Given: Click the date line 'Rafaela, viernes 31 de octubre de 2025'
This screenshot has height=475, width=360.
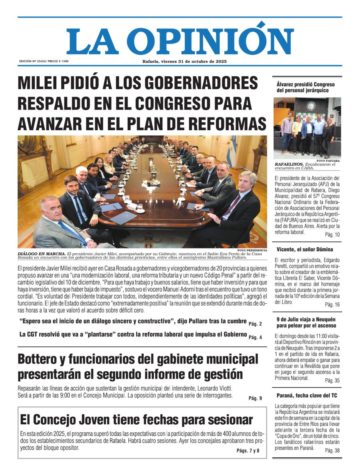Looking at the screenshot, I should [185, 62].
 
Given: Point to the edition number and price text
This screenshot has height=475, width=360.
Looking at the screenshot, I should [44, 62].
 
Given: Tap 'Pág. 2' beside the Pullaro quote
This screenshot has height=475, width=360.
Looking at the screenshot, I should [255, 324].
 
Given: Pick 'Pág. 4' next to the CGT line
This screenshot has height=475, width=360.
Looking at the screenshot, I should [255, 337].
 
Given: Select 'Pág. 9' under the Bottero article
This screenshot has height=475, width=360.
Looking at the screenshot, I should [255, 398].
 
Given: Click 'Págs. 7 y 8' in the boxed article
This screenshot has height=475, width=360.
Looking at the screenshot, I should [248, 451].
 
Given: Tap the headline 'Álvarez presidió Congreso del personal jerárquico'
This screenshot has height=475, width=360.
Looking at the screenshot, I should [306, 87].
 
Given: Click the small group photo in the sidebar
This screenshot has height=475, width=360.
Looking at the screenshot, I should [307, 128].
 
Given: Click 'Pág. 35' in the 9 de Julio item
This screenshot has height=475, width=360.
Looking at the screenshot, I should [332, 381].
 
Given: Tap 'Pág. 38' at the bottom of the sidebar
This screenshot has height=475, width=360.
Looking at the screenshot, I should [332, 450].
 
